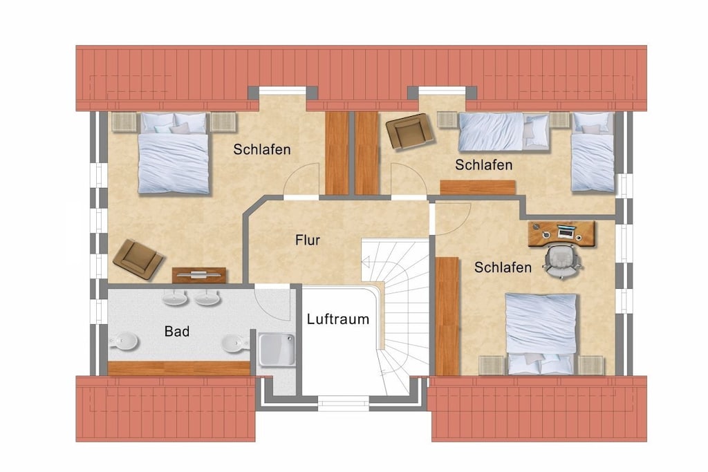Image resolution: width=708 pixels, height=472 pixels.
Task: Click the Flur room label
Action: click(308, 240)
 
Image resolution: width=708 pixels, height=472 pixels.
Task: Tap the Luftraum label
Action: click(337, 319)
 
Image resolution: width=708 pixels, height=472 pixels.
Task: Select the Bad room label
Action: click(176, 332)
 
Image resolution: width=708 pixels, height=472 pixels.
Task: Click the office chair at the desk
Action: click(562, 261)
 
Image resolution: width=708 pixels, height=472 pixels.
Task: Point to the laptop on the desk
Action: click(566, 232)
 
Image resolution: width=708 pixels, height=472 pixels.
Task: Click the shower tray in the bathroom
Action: click(277, 350)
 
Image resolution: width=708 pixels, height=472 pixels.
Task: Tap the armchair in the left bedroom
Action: click(138, 259)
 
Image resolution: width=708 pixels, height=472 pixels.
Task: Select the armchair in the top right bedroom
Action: click(409, 131)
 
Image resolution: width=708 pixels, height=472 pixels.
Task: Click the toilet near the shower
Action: click(236, 343)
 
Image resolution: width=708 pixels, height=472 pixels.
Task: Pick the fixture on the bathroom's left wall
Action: click(123, 341)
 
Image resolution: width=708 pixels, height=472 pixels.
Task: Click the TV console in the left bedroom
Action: click(199, 275)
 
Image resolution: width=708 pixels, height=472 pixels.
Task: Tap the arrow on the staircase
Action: click(366, 262)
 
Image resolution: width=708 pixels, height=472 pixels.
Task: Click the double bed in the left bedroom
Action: click(174, 153)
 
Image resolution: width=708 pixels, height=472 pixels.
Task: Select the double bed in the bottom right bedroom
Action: click(541, 334)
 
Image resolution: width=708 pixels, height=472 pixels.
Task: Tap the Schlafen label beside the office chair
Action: click(503, 267)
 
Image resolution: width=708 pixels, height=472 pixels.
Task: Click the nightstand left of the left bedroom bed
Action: click(124, 122)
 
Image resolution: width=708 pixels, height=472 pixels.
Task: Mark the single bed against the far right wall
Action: click(593, 152)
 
